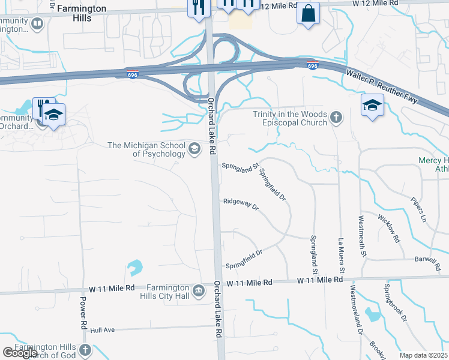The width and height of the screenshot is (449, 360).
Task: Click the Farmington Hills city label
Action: pyautogui.click(x=82, y=14)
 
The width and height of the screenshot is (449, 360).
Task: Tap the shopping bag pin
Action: pyautogui.click(x=308, y=13)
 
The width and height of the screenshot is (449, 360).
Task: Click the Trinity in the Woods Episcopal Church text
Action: pyautogui.click(x=290, y=118)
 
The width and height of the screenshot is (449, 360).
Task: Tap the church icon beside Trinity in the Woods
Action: pyautogui.click(x=337, y=118)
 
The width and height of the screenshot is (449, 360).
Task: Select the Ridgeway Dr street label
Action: pyautogui.click(x=240, y=205)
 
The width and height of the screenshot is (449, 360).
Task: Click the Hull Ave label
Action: pyautogui.click(x=101, y=330)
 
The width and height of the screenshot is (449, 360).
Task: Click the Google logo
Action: pyautogui.click(x=20, y=353)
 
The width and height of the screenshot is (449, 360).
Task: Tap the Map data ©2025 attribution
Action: pyautogui.click(x=424, y=355)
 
